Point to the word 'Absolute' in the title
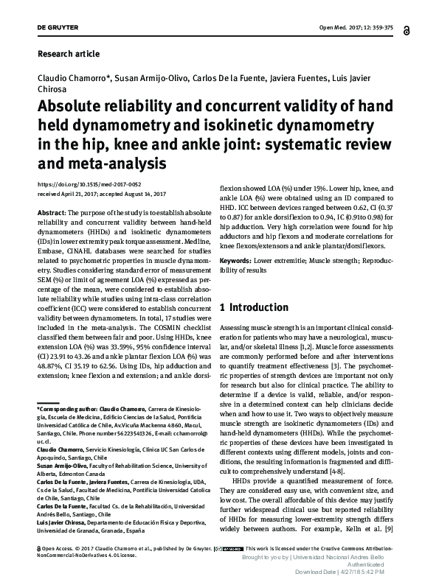click(x=69, y=105)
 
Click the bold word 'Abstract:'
click(x=51, y=211)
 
